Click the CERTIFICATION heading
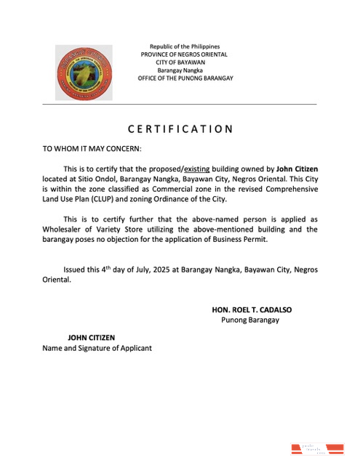click(180, 129)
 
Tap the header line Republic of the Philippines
click(185, 46)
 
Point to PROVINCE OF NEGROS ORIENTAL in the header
click(185, 54)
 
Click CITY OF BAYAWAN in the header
click(185, 62)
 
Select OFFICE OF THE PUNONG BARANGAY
click(185, 78)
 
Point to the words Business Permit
click(241, 239)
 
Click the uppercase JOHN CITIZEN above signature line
click(91, 338)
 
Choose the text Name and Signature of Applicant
click(97, 348)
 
